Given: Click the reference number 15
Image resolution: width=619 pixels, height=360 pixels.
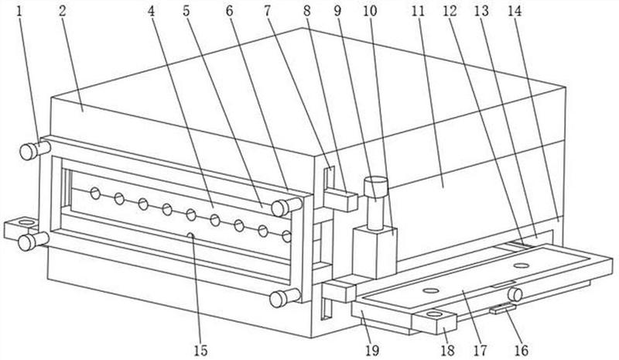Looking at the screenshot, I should pyautogui.click(x=200, y=351).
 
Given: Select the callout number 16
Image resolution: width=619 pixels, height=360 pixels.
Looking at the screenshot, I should pyautogui.click(x=520, y=351).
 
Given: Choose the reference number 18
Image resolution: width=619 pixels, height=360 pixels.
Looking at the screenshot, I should pyautogui.click(x=446, y=351).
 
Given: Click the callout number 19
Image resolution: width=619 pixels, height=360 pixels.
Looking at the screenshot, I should pyautogui.click(x=373, y=351).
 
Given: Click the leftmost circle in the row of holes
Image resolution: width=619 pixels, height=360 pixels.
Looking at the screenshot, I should pyautogui.click(x=95, y=193).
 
